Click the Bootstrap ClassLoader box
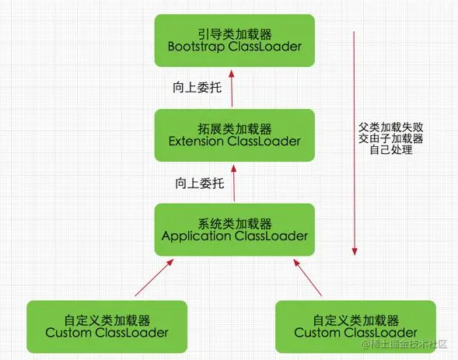pos(235,40)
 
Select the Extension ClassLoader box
pos(235,135)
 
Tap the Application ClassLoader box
pos(235,230)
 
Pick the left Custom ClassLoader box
pos(107,327)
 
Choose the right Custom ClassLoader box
pos(356,327)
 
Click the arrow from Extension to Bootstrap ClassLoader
pos(232,88)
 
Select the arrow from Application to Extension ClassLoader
pos(234,183)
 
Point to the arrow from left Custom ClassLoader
pos(154,278)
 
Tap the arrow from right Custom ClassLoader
pos(308,278)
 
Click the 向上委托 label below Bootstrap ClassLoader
pos(198,88)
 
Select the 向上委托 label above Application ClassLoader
pos(200,183)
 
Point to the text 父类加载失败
pos(391,128)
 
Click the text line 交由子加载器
pos(391,138)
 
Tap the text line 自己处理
pos(391,150)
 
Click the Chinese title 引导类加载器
pos(235,34)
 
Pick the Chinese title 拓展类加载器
pos(235,129)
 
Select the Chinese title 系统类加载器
pos(235,224)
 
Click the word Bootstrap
pos(196,47)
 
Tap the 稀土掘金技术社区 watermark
pos(404,344)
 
